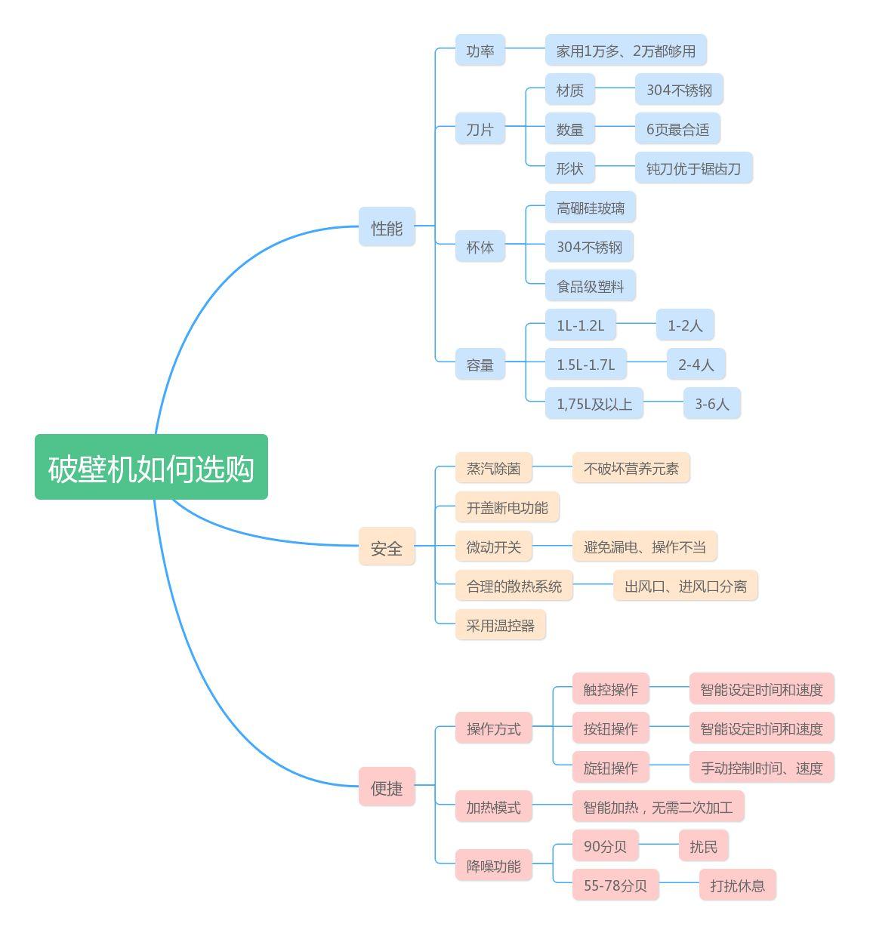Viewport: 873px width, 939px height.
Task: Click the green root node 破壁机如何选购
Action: click(x=151, y=467)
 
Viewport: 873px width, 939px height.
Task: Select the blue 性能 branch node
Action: click(x=387, y=226)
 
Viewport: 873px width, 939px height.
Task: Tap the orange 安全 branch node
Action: click(x=387, y=547)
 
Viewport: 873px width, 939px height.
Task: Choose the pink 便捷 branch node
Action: click(x=387, y=787)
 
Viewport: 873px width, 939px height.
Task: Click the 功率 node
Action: click(x=480, y=51)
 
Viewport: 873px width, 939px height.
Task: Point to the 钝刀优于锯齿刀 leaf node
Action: click(x=693, y=168)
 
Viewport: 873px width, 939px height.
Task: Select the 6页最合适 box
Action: click(x=677, y=129)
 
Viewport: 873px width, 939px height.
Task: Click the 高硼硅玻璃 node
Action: click(x=590, y=208)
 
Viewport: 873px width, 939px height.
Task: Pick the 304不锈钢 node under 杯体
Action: click(x=589, y=247)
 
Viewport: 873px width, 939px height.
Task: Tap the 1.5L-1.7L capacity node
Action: click(x=585, y=365)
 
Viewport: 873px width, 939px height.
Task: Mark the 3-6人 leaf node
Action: click(x=711, y=404)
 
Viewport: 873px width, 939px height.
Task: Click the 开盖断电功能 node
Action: click(x=507, y=507)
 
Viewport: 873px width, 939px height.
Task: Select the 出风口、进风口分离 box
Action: click(x=685, y=586)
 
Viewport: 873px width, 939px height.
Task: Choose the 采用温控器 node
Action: click(x=500, y=625)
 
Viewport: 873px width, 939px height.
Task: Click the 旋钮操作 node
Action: click(x=610, y=768)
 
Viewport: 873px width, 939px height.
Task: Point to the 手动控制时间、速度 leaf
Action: click(x=761, y=768)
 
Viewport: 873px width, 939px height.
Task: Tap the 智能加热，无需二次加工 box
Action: click(x=658, y=807)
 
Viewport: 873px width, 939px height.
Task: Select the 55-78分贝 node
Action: click(x=615, y=885)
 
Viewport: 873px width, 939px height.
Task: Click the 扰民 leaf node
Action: click(x=703, y=846)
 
